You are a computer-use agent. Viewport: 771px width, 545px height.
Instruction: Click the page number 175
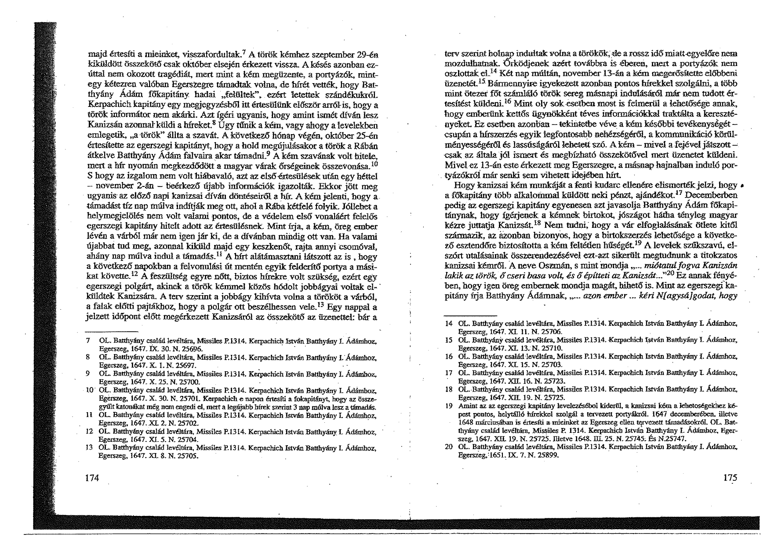pos(729,478)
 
